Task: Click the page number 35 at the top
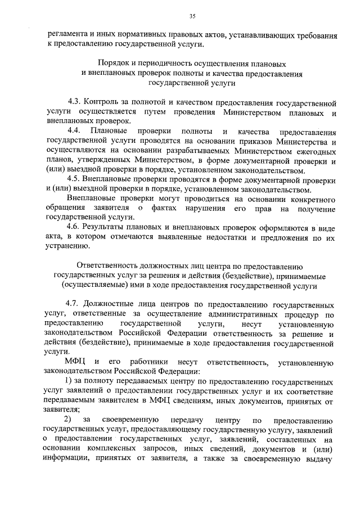click(192, 16)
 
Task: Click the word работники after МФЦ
click(149, 360)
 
